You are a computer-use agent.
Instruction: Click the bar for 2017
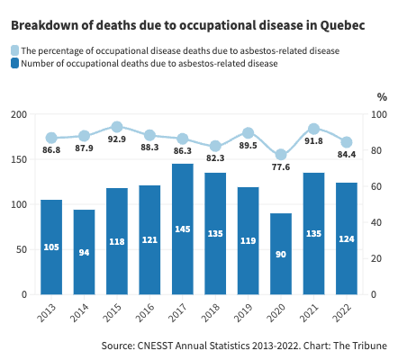click(183, 229)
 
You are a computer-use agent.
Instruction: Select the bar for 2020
click(281, 254)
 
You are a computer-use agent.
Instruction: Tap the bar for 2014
click(84, 252)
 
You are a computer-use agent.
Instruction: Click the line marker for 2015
click(117, 127)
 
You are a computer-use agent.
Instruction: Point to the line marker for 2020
click(281, 155)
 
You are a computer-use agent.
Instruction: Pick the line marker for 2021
click(313, 129)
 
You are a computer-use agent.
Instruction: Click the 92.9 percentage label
click(117, 139)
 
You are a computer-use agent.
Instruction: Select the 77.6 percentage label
click(281, 167)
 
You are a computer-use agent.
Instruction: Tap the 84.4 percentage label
click(347, 155)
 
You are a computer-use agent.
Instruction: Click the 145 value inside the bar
click(183, 229)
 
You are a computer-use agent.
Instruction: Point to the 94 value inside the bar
click(84, 253)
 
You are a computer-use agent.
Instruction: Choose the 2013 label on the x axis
click(47, 312)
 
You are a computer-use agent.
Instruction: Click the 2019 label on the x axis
click(243, 312)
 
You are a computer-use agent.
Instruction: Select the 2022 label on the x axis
click(342, 312)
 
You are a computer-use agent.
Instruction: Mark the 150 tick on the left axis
click(19, 159)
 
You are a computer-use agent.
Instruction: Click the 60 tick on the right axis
click(375, 186)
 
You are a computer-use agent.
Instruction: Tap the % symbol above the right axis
click(382, 97)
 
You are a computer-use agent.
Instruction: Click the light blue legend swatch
click(14, 50)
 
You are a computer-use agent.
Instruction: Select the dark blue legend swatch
click(14, 63)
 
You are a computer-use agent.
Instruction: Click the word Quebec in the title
click(342, 25)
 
